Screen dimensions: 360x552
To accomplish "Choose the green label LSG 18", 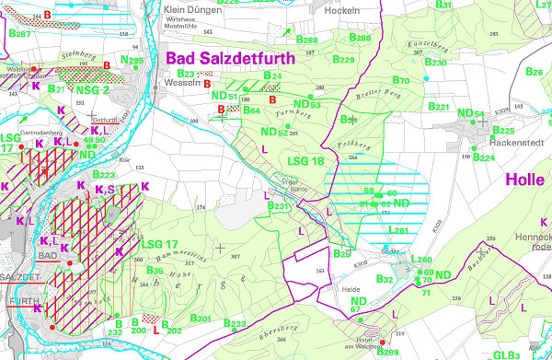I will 306,161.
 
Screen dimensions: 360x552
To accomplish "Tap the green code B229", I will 343,60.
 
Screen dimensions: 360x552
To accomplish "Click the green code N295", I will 132,62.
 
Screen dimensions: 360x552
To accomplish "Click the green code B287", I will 19,34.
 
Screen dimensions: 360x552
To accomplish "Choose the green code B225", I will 503,131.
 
